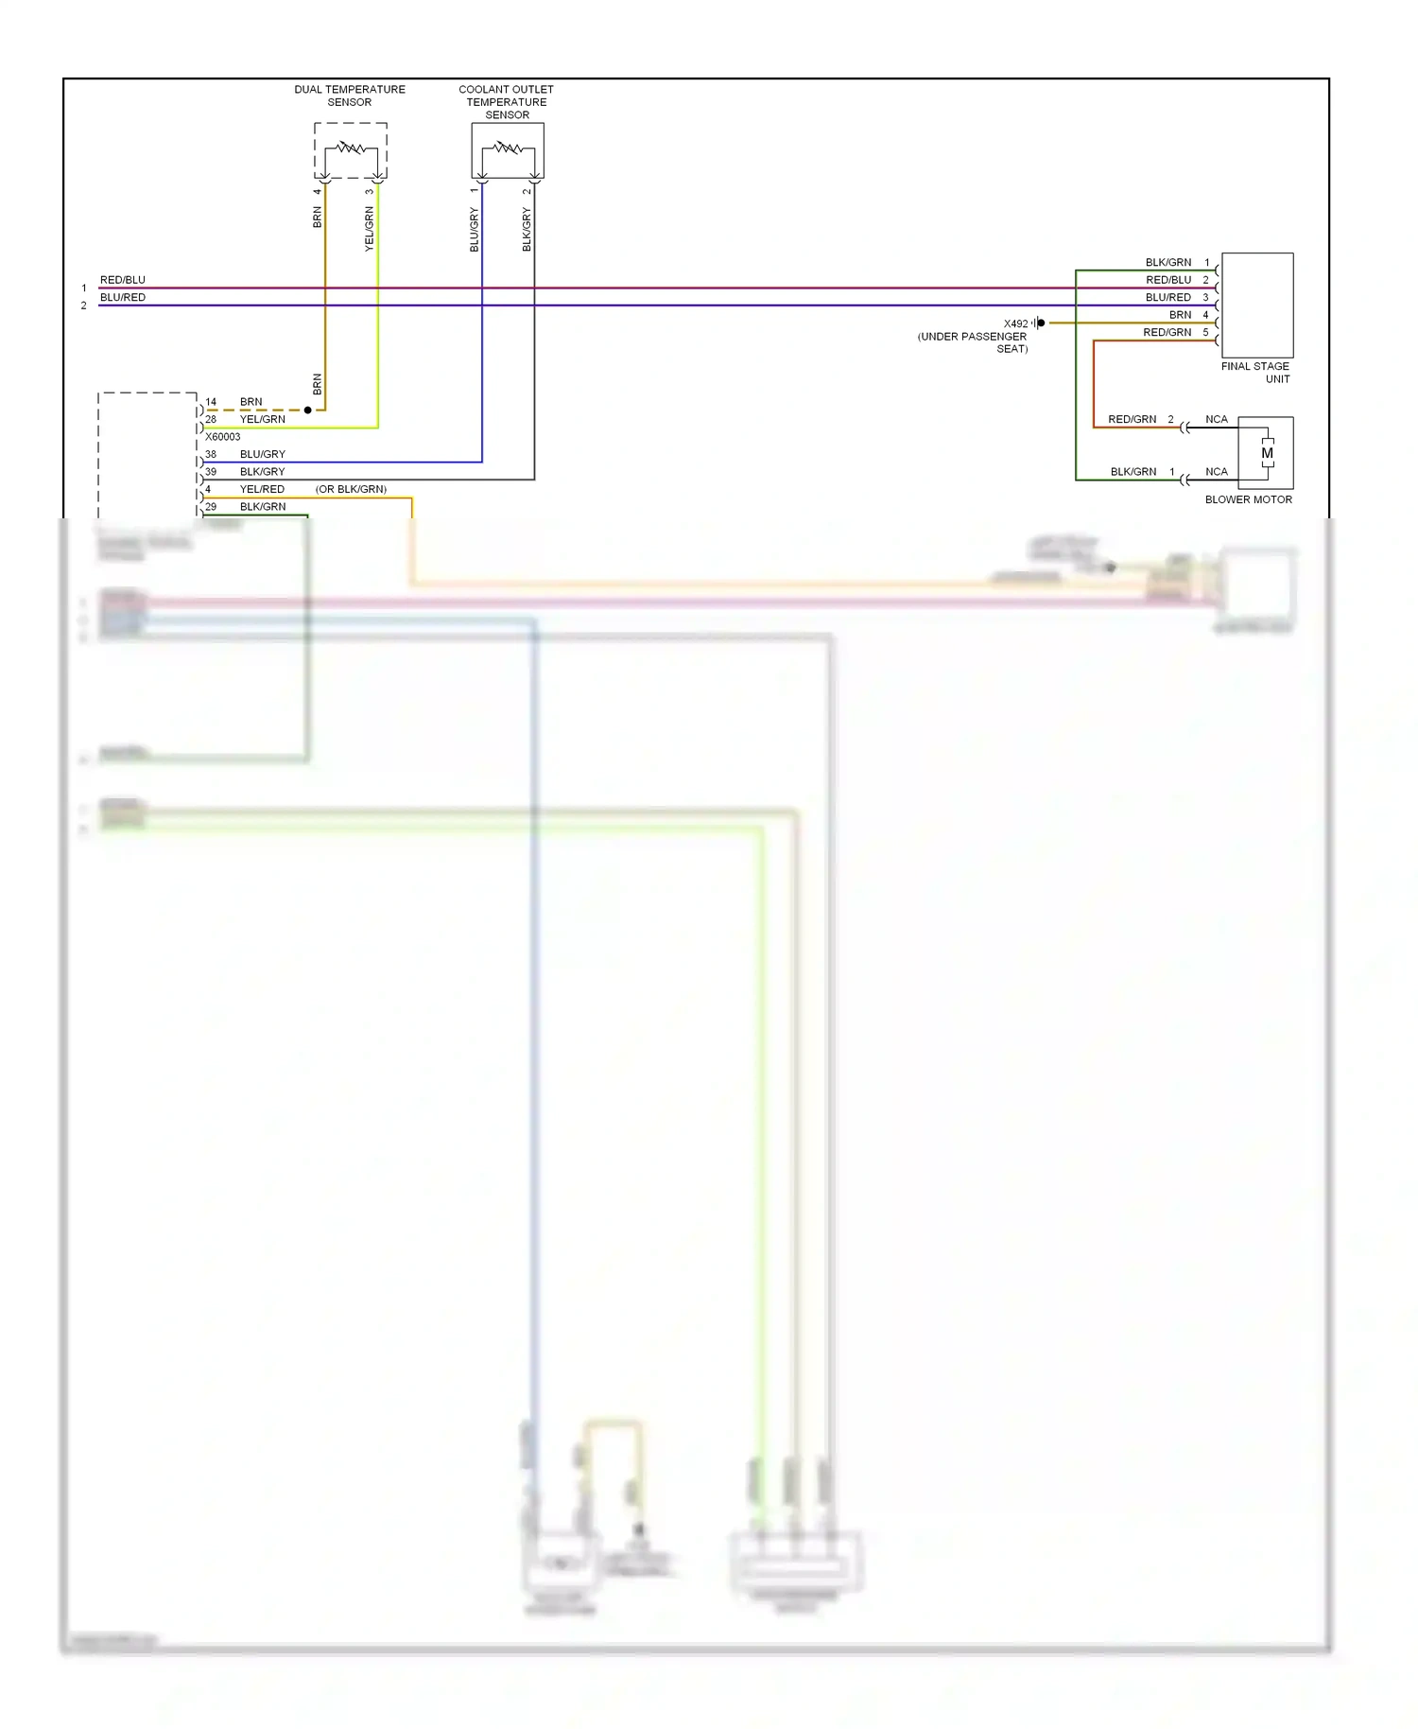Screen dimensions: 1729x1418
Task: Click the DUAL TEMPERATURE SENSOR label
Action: click(x=349, y=96)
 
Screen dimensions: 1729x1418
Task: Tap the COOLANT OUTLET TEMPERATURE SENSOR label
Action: click(x=507, y=102)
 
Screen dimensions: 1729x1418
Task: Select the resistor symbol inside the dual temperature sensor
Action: click(x=351, y=148)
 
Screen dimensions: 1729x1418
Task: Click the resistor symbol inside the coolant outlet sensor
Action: click(x=508, y=148)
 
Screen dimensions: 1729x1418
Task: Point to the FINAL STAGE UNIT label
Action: click(x=1255, y=372)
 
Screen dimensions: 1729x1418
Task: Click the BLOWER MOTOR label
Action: click(x=1248, y=499)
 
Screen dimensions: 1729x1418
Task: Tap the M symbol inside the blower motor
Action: click(x=1267, y=453)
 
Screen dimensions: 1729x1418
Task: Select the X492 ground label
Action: click(x=1015, y=323)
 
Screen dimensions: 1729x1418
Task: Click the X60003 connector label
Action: click(x=223, y=437)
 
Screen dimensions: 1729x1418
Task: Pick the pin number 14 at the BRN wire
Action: click(x=211, y=402)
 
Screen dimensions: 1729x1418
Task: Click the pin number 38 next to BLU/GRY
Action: click(x=211, y=454)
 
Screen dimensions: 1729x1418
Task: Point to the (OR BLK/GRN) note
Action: click(x=351, y=489)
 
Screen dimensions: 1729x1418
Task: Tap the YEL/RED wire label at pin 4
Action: click(x=262, y=489)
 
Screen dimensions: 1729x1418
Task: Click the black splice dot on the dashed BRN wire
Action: click(x=307, y=410)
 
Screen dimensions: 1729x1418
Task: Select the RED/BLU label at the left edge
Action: click(x=123, y=280)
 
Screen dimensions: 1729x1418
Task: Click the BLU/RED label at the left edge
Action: click(x=123, y=297)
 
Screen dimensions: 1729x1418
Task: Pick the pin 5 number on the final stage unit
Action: click(x=1205, y=332)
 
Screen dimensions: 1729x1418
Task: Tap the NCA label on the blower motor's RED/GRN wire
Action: click(x=1217, y=419)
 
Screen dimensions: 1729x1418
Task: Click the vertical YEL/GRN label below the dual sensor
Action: click(x=370, y=228)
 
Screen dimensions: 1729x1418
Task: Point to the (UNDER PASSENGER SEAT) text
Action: click(x=973, y=342)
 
